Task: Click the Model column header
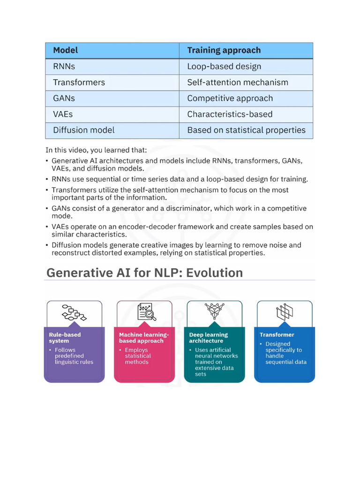(65, 50)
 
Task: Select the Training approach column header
(224, 50)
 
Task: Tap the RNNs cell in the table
(64, 67)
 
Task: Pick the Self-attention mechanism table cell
(237, 82)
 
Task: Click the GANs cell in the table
(64, 98)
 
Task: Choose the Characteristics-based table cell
(229, 114)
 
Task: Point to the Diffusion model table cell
(83, 130)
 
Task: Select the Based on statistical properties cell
(246, 130)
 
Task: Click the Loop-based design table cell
(224, 67)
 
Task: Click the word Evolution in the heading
(214, 273)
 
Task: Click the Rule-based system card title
(65, 337)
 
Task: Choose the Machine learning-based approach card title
(143, 337)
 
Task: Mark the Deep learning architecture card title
(209, 337)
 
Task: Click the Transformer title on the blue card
(277, 335)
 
